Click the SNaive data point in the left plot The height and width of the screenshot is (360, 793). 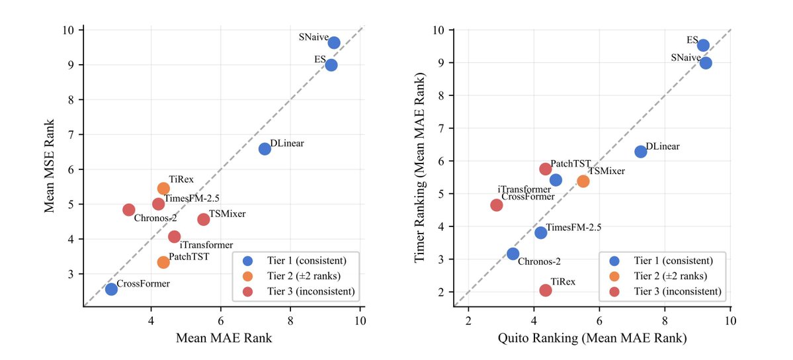(x=334, y=42)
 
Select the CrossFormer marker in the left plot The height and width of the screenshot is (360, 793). (x=111, y=289)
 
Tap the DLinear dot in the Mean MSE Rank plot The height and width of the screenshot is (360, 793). (x=265, y=149)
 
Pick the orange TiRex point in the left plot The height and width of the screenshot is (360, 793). (x=163, y=189)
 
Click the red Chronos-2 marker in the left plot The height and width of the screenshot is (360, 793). (x=129, y=210)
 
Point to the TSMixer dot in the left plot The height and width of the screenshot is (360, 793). (x=204, y=219)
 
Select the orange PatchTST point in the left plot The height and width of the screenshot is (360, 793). (x=163, y=262)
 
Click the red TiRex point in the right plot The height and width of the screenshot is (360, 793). (x=546, y=290)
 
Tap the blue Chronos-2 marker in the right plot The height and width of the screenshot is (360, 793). (x=513, y=253)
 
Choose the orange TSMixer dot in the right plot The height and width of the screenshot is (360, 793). (x=583, y=181)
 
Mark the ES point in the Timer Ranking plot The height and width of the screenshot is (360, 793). (x=703, y=45)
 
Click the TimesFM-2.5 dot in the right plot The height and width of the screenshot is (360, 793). (x=541, y=232)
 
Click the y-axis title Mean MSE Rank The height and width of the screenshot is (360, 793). (x=50, y=165)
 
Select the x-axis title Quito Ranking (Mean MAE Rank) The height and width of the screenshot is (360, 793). (x=592, y=338)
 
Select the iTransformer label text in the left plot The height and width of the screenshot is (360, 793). (x=206, y=245)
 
